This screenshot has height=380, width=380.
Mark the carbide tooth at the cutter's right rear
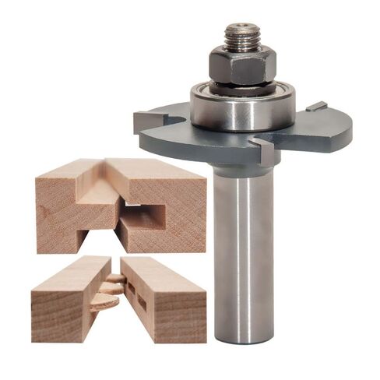[x=316, y=106]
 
